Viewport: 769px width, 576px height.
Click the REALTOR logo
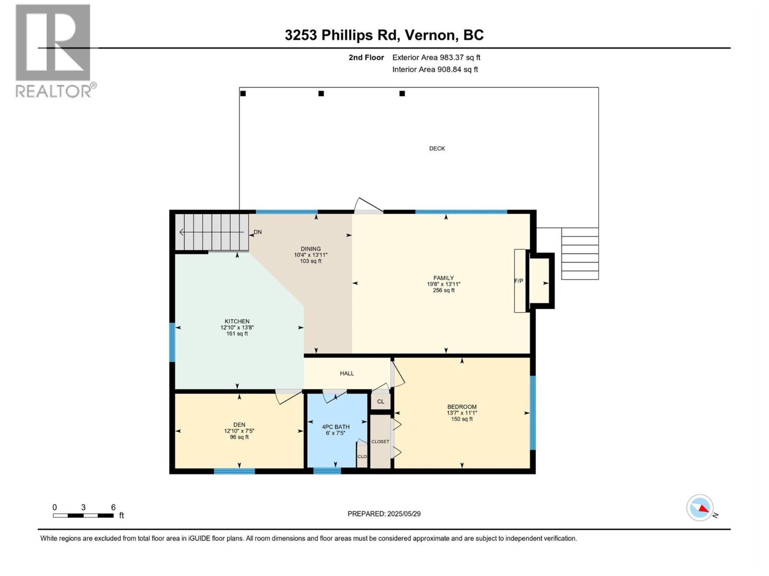coord(56,51)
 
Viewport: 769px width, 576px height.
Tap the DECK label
coord(437,149)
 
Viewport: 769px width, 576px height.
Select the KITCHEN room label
coord(237,322)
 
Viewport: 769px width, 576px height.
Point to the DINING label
coord(310,249)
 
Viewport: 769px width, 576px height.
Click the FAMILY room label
coord(444,278)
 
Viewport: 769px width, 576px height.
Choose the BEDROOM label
coord(462,407)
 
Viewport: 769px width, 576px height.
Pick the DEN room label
coord(239,425)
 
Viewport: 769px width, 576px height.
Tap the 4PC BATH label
coord(335,427)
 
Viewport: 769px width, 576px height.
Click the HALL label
coord(347,373)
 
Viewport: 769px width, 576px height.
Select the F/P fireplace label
coord(519,281)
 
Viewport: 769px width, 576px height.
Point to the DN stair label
coord(258,232)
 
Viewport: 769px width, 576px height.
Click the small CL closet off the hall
coord(381,401)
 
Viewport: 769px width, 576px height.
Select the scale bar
coord(83,516)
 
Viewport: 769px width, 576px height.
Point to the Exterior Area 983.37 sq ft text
coord(436,57)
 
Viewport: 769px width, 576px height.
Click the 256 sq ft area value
coord(444,290)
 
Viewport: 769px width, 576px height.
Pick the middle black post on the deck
coord(321,94)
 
